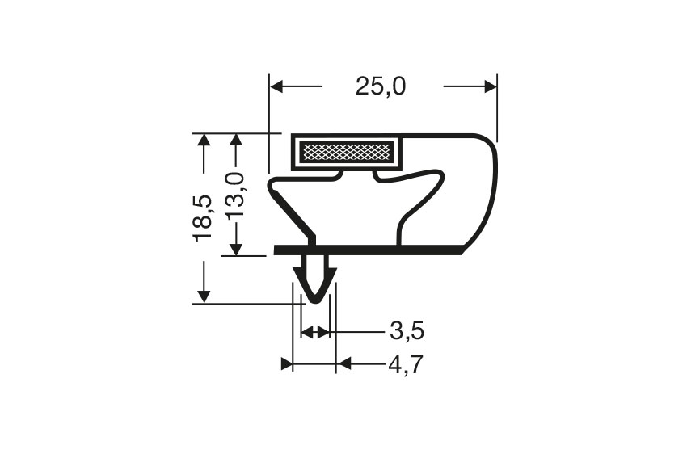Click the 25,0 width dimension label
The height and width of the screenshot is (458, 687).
381,86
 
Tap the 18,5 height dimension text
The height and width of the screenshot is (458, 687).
203,216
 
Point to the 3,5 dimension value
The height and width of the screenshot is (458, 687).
407,331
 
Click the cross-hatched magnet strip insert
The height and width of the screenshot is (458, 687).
346,151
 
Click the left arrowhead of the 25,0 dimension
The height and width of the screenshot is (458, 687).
276,86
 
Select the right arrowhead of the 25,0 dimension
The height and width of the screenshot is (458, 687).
490,86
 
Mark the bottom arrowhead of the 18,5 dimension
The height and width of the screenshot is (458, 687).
204,296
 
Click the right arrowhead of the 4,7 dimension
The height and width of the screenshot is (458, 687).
343,364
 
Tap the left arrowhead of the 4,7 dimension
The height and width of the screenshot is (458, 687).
286,364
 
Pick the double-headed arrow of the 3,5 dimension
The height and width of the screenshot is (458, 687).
314,332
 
